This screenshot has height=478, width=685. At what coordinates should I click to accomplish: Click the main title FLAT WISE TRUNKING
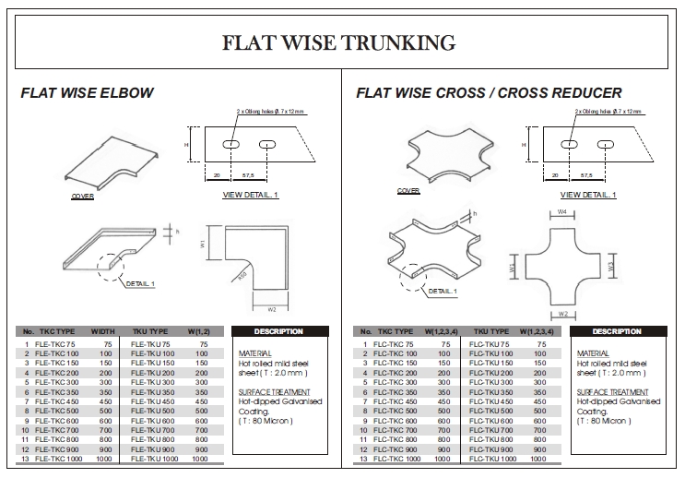pyautogui.click(x=341, y=42)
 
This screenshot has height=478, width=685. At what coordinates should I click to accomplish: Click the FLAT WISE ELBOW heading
pyautogui.click(x=87, y=93)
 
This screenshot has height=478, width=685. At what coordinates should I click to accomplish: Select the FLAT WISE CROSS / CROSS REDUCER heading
pyautogui.click(x=489, y=93)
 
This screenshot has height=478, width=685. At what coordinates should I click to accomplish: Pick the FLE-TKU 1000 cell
pyautogui.click(x=159, y=459)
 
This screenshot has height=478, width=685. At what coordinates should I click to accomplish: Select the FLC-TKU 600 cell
pyautogui.click(x=496, y=420)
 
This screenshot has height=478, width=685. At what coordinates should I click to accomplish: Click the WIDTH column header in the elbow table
pyautogui.click(x=102, y=331)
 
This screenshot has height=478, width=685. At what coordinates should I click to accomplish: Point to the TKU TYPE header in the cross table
pyautogui.click(x=491, y=331)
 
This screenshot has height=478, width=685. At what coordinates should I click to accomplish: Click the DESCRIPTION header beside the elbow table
pyautogui.click(x=278, y=331)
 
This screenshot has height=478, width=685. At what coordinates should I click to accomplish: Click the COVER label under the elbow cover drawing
pyautogui.click(x=83, y=197)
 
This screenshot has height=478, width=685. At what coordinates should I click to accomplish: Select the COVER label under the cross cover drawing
pyautogui.click(x=408, y=191)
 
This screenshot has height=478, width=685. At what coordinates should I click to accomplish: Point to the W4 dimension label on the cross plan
pyautogui.click(x=561, y=212)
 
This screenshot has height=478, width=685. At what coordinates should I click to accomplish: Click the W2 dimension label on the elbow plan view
pyautogui.click(x=258, y=309)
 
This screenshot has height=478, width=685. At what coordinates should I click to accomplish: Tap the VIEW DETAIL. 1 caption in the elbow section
pyautogui.click(x=250, y=195)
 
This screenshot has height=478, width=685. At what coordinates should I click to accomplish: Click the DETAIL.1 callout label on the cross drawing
pyautogui.click(x=442, y=292)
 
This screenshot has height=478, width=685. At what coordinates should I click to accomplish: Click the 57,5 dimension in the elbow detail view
pyautogui.click(x=248, y=174)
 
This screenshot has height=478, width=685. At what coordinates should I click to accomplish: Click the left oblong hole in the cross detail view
pyautogui.click(x=569, y=145)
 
